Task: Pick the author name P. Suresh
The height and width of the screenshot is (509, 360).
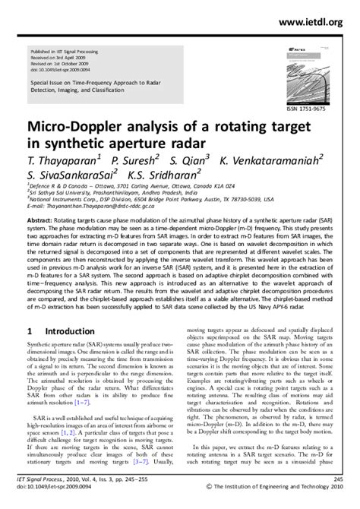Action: (134, 162)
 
